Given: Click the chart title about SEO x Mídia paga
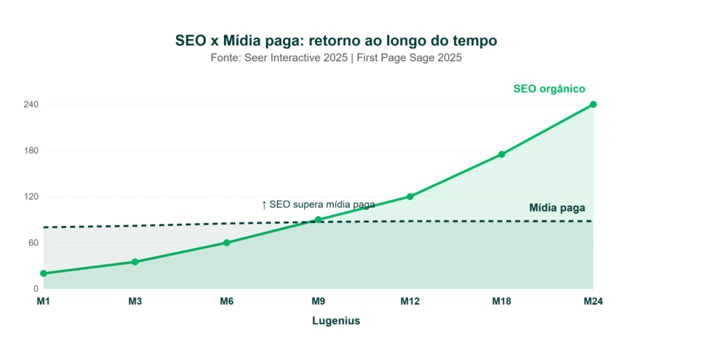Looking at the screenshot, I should coord(336,41).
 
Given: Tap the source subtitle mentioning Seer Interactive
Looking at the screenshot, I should coord(336,58).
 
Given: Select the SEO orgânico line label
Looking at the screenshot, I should coord(549,89).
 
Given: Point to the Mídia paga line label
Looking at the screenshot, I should coord(557,207).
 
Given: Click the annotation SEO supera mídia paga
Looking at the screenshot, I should coord(318,204).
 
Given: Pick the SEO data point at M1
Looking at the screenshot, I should coord(43,273).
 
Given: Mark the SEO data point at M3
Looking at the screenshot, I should coord(135,262).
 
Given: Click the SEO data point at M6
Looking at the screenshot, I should coord(227,243).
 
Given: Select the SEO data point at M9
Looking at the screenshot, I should coord(318,220).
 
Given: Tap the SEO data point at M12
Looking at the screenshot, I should coord(410,197).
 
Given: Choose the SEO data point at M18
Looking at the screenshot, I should coord(501,154).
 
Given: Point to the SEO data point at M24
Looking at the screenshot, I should coord(593,104).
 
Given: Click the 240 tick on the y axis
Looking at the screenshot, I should coord(31,104).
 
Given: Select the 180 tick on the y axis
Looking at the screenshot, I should coord(31,151).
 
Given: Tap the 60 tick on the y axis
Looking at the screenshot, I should coord(33,243).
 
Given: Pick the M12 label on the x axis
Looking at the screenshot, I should coord(410,302).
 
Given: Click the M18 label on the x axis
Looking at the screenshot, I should coord(501,302).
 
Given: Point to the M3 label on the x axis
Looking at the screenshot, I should coord(135,302).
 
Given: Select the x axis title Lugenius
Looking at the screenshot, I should coord(336,321).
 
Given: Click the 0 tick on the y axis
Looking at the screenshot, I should coord(35,288).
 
